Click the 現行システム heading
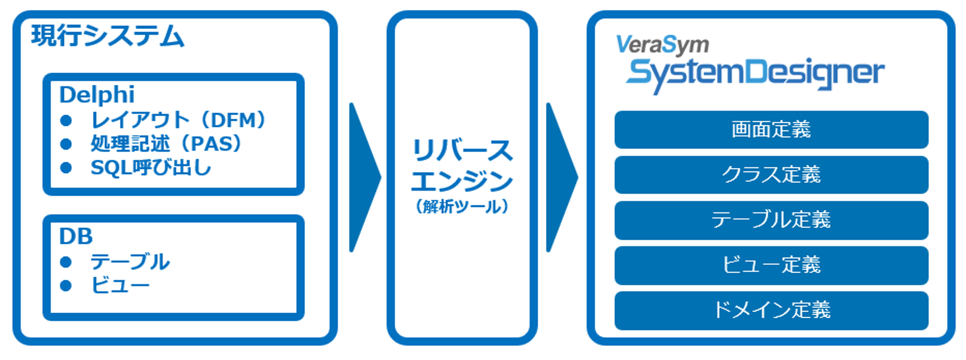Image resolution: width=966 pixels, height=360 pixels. [107, 36]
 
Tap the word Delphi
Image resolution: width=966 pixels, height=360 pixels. [97, 95]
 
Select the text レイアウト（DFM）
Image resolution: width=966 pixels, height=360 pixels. [178, 120]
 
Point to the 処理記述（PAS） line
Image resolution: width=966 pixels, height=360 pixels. [166, 144]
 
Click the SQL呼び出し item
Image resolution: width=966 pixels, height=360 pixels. [150, 167]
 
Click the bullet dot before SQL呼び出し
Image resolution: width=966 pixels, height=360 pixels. [66, 167]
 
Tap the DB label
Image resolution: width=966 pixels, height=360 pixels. [76, 236]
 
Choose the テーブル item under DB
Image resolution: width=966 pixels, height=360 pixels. [129, 262]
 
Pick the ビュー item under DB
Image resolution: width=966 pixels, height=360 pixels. [120, 285]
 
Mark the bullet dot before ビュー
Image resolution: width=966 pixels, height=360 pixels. [66, 286]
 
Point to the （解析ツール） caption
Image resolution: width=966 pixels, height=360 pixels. [462, 207]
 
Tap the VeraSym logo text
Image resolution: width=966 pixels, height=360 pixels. [662, 45]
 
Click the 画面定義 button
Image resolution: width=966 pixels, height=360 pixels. [771, 129]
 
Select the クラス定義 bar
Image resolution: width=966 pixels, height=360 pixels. [771, 175]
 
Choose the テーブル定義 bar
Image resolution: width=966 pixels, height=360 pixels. [771, 220]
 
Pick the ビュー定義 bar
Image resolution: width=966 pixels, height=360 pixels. [771, 265]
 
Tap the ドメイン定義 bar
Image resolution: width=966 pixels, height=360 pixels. [771, 310]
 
